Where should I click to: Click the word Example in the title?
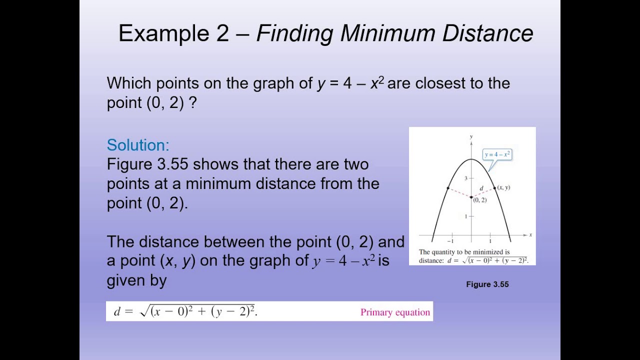163,33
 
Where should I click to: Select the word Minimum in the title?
388,33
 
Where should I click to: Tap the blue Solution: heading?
138,145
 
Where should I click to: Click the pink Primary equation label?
395,312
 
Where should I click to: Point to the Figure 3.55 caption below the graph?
487,284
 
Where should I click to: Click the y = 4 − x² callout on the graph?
497,154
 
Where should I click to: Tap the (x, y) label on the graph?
503,187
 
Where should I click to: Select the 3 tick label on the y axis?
465,178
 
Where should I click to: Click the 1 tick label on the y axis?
465,216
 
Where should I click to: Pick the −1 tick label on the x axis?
450,241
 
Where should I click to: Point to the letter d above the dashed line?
481,188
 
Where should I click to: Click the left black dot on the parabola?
447,188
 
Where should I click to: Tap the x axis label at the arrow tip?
530,234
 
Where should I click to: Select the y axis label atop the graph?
471,136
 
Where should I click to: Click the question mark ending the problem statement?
193,102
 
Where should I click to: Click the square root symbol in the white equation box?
144,312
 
